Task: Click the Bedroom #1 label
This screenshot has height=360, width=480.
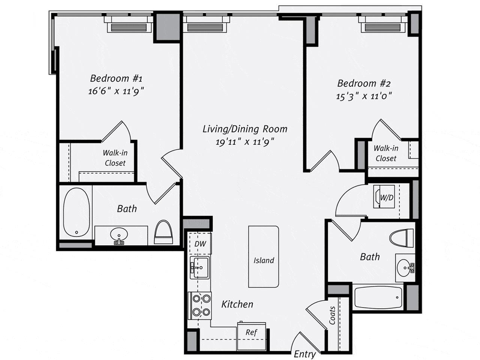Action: point(116,78)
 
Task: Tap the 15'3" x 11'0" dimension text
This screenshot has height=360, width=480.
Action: point(364,96)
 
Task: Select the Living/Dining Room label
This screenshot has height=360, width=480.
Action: point(245,129)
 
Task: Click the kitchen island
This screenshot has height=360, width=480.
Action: point(264,256)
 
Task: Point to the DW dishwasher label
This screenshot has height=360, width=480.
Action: point(200,244)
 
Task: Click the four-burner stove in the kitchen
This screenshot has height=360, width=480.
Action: point(201,305)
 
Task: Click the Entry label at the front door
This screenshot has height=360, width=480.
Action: point(304,354)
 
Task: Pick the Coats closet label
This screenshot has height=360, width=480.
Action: point(333,315)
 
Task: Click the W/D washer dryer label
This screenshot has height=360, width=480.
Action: point(387,197)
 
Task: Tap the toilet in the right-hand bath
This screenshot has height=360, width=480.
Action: point(402,238)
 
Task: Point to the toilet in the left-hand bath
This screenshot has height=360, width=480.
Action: point(163,232)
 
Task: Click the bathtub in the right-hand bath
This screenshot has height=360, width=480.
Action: point(378,298)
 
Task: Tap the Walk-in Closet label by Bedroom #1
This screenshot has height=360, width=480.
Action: point(115,158)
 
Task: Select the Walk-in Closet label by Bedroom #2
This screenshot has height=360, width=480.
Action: point(386,153)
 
